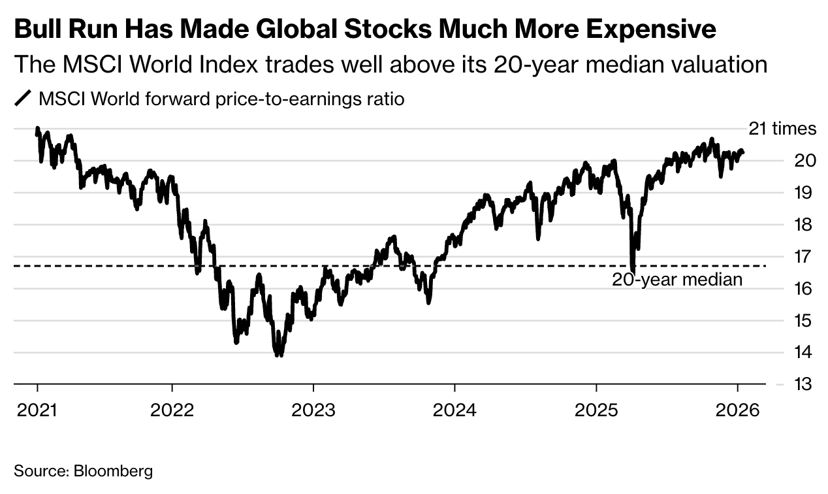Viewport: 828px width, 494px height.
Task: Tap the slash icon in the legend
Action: (23, 99)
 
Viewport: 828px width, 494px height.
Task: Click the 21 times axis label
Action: (782, 129)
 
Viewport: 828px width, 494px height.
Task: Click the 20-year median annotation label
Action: (677, 280)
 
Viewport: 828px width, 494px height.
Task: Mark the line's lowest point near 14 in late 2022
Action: (279, 355)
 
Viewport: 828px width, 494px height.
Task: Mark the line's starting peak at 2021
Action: (37, 129)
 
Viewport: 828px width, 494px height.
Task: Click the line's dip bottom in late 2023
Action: (428, 302)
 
